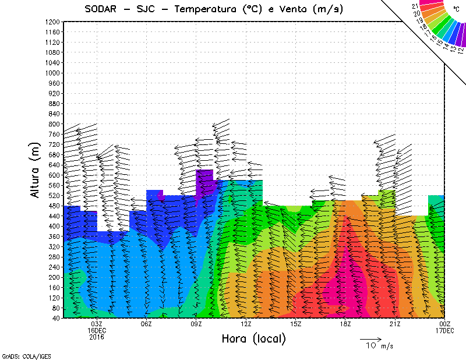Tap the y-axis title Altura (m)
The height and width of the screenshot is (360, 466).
tap(37, 169)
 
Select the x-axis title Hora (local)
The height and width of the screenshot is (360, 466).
tap(254, 339)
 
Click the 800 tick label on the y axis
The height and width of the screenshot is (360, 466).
tap(54, 124)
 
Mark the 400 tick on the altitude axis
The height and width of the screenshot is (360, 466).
tap(54, 226)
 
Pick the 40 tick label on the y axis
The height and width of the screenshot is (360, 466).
tap(56, 318)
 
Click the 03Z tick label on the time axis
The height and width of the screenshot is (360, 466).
tap(97, 324)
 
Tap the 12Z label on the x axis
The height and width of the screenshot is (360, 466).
tap(246, 324)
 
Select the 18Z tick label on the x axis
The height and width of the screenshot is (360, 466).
tap(345, 324)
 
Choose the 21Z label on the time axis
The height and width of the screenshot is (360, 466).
tap(395, 324)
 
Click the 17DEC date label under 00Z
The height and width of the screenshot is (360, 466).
tap(444, 330)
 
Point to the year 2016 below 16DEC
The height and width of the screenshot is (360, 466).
tap(97, 337)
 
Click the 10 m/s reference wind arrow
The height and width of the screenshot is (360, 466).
tap(370, 338)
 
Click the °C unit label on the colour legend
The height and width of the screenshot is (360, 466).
tap(456, 8)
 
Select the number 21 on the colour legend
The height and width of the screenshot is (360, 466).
tap(415, 6)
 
